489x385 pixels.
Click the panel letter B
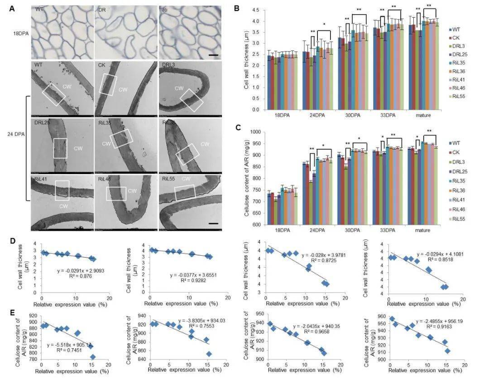coord(235,8)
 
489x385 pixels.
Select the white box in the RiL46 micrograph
coord(116,193)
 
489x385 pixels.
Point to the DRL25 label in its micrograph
coord(43,123)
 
